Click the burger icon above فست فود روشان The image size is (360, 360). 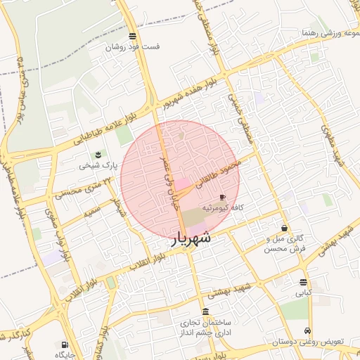point(133,36)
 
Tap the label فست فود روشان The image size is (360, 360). point(133,47)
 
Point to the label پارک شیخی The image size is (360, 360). point(95,166)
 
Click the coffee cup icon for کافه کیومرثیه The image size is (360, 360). point(223,197)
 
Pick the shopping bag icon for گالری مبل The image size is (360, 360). point(284,228)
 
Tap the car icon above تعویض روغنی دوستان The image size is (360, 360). point(307,330)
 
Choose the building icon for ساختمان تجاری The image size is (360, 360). point(205,312)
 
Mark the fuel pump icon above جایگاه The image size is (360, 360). point(65,345)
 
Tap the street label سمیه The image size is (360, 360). point(89,211)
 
